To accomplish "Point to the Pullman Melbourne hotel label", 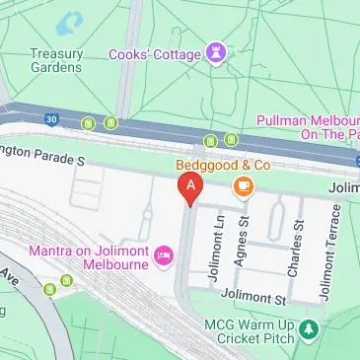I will point(306,125).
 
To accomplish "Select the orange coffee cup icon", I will point(241,185).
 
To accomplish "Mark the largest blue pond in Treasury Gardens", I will point(71,22).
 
